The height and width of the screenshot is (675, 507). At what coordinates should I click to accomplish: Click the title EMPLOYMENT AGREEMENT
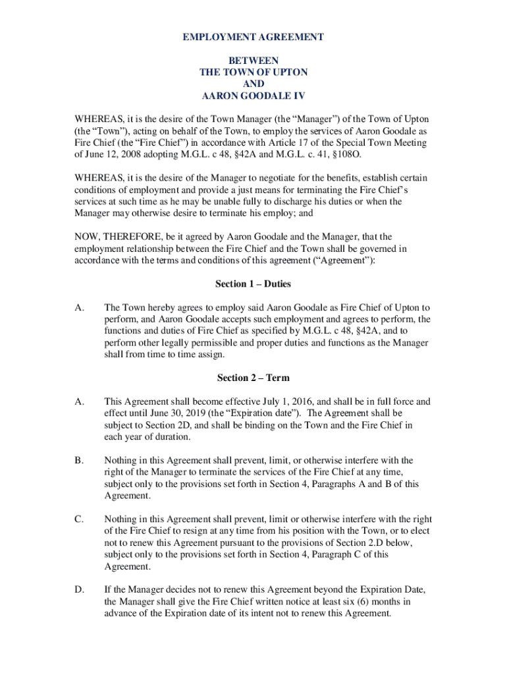pos(253,37)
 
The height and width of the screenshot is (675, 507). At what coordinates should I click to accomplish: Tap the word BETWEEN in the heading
pos(253,60)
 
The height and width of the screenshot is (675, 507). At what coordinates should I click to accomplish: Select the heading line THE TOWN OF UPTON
pos(253,72)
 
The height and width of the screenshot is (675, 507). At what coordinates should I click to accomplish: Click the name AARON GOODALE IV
pos(253,96)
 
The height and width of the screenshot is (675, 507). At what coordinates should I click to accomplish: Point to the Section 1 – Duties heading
pos(253,284)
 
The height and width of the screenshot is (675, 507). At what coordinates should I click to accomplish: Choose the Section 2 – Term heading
pos(253,378)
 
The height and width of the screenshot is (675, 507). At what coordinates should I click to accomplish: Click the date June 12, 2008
pos(114,154)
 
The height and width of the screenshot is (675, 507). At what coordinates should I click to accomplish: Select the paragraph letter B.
pos(79,460)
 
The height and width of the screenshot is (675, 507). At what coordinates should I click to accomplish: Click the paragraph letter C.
pos(79,519)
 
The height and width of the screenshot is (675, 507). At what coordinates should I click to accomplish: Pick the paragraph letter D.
pos(79,589)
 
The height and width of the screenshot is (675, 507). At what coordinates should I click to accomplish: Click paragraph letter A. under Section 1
pos(79,307)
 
